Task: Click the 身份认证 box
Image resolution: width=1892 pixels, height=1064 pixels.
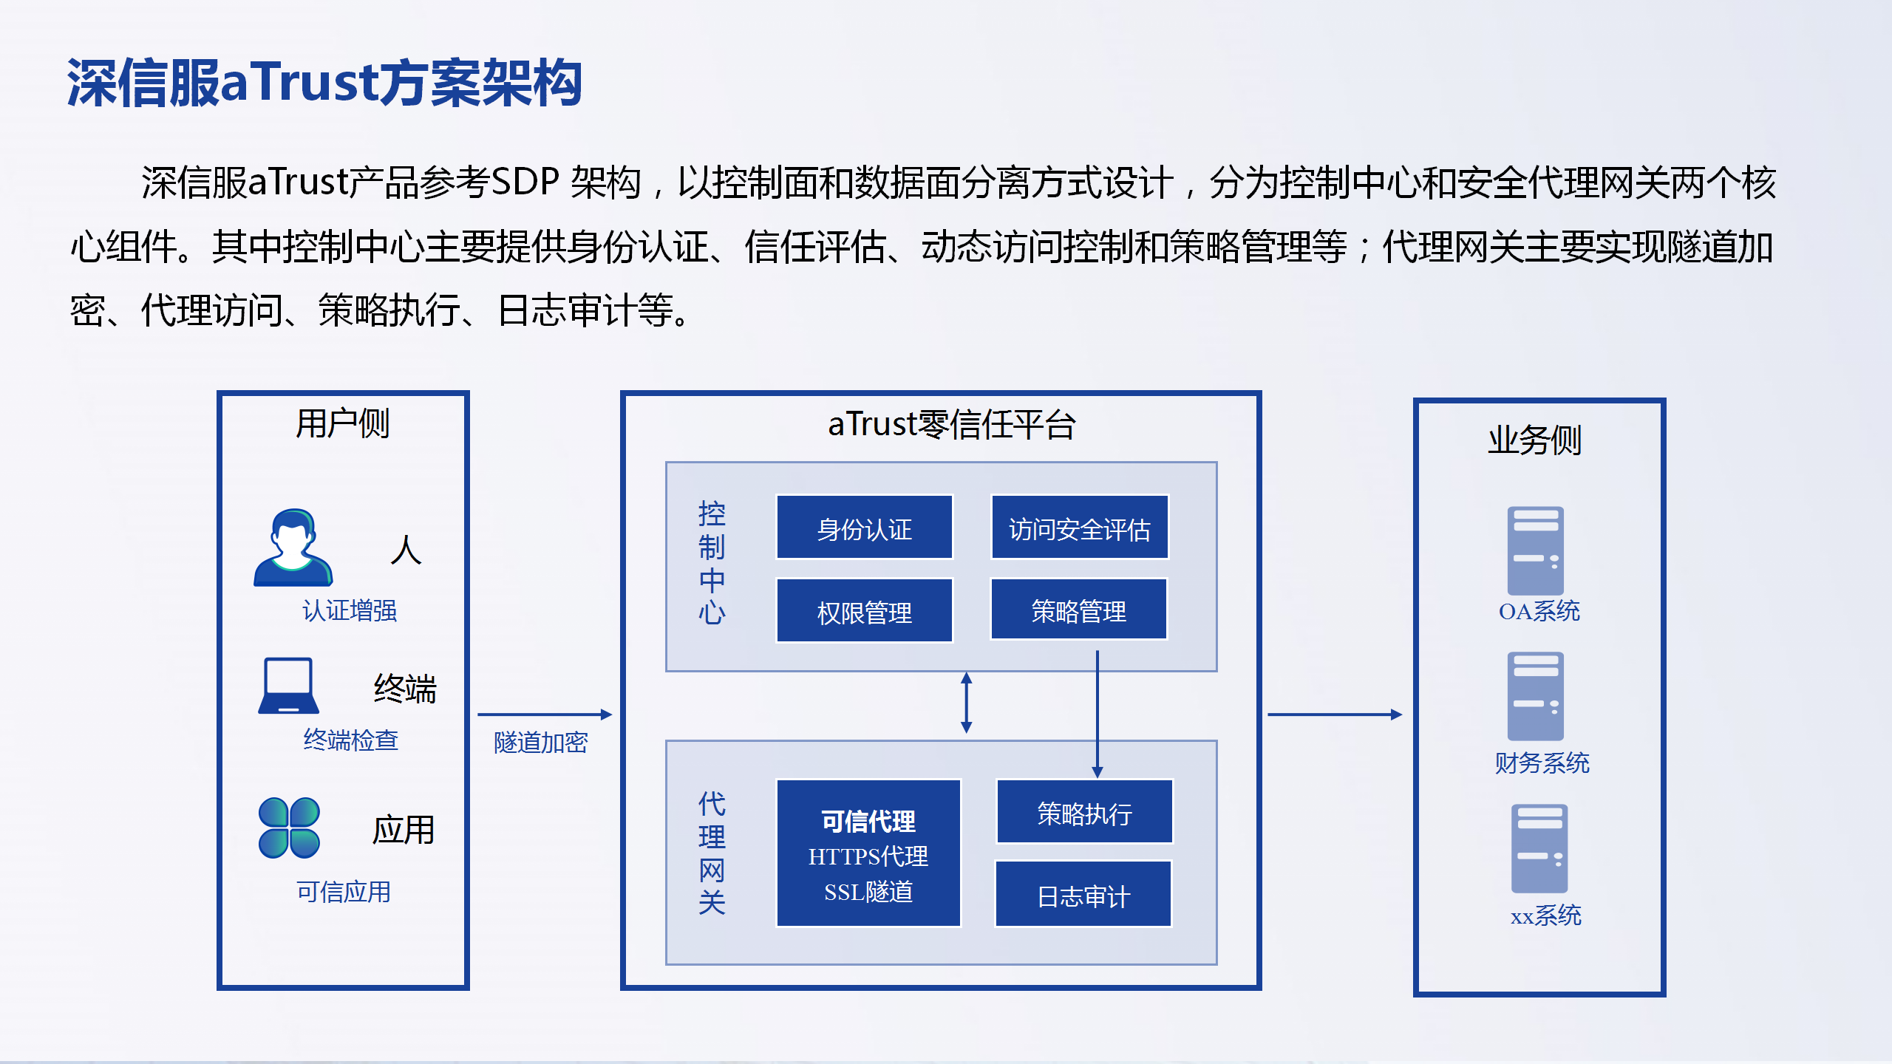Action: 864,527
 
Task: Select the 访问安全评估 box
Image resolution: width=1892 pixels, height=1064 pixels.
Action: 1079,527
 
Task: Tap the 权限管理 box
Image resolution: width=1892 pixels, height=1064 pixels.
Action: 864,610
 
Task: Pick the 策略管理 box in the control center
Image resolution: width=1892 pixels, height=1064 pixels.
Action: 1078,609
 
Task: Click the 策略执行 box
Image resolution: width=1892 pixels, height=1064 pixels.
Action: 1084,811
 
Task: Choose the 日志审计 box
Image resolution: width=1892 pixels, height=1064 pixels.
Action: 1083,894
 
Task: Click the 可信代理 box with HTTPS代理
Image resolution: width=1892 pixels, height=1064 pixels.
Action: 868,853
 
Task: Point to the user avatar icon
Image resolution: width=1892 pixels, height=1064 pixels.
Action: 293,548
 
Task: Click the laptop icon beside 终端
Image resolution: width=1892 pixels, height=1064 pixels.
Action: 288,686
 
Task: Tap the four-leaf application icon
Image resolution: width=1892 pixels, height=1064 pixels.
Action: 289,828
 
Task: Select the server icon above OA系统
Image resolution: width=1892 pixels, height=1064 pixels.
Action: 1535,550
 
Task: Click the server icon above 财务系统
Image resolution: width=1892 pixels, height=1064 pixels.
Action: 1535,696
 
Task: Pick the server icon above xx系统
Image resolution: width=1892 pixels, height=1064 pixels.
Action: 1539,848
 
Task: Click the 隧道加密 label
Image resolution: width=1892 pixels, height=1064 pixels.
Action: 540,743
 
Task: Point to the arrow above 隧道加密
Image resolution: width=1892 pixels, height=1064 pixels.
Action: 545,715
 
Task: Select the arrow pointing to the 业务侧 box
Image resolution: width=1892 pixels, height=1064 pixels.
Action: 1335,715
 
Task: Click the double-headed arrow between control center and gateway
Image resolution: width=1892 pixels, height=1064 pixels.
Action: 966,703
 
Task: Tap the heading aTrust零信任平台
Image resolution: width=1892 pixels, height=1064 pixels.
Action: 951,424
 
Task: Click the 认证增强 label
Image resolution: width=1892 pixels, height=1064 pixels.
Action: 349,610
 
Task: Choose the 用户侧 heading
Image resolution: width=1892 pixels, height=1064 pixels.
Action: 342,423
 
